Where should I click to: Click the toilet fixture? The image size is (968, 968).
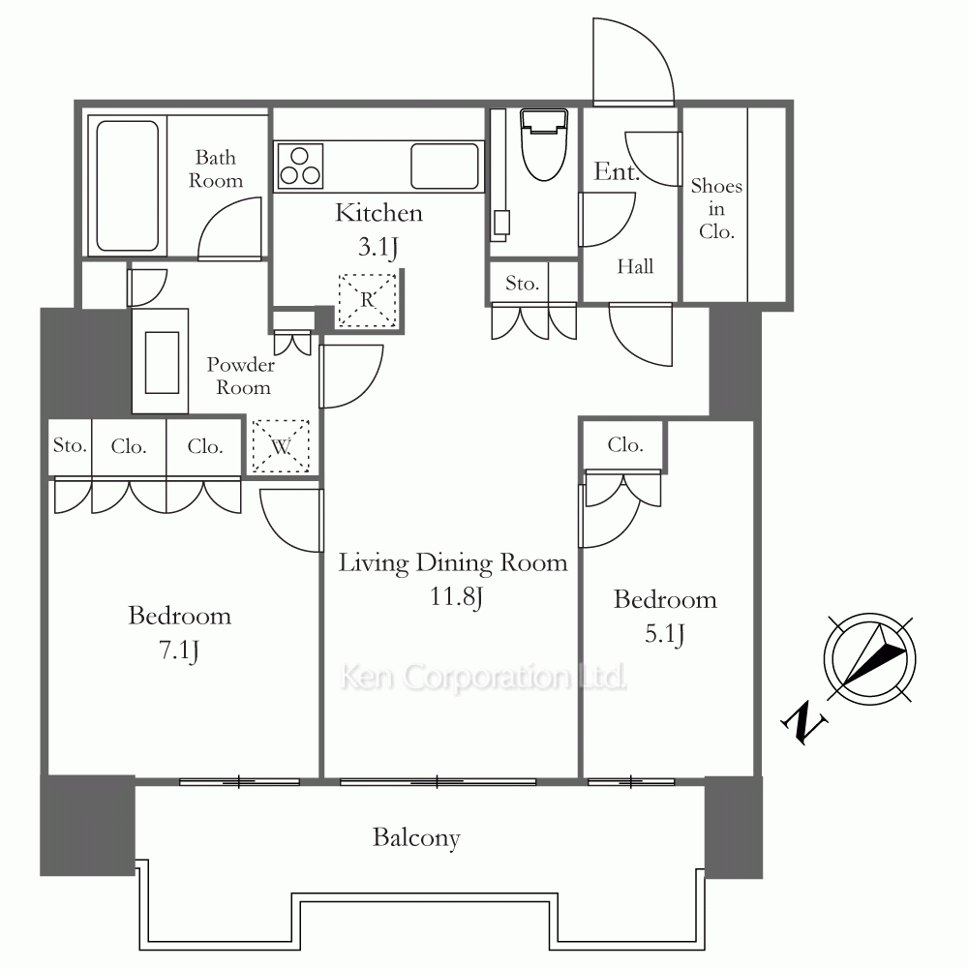coord(544,144)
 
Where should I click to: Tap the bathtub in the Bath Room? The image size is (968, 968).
coord(127,186)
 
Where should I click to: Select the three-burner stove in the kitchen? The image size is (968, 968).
coord(300,166)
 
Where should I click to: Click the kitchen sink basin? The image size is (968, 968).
coord(444,166)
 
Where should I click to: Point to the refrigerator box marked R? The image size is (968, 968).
coord(367,300)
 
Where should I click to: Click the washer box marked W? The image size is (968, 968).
coord(281,445)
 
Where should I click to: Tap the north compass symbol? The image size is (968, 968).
coord(869,658)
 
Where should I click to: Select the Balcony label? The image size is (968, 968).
coord(416,838)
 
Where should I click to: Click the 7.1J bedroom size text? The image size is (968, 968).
coord(179,650)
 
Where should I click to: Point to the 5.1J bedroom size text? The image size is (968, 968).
coord(665,634)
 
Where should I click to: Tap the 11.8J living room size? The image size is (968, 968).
coord(456,597)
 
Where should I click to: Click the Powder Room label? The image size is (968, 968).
coord(241,376)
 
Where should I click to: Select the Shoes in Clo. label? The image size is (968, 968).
coord(716,209)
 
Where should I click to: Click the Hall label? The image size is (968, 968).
coord(635,267)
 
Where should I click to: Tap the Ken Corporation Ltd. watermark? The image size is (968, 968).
coord(483,678)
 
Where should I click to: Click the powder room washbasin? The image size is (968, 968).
coord(162,362)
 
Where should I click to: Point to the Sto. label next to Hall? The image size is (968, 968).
coord(523,284)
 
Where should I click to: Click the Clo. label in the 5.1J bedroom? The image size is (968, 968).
coord(625,444)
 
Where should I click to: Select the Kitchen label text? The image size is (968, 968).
coord(379,213)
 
